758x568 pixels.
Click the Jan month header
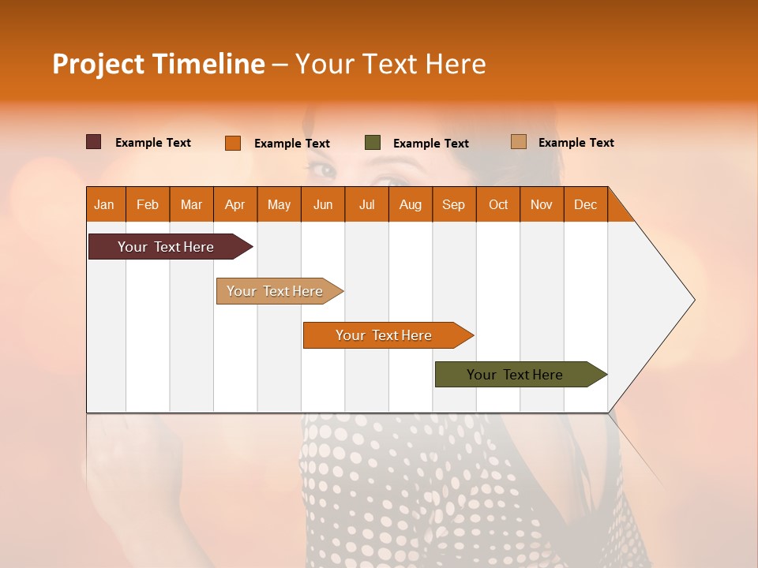(104, 204)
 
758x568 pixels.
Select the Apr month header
(235, 204)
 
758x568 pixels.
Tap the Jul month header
(366, 204)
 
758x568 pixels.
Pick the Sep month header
(453, 204)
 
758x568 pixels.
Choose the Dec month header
(585, 204)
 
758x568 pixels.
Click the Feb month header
(148, 204)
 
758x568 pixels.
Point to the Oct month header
(497, 204)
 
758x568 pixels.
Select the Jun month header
(322, 204)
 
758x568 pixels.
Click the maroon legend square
(94, 142)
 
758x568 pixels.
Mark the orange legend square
(233, 143)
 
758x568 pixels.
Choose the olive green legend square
(373, 143)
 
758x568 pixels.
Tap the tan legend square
(519, 142)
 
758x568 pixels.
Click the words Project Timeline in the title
(158, 64)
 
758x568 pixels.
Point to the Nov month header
(541, 204)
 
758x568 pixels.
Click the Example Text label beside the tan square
(576, 142)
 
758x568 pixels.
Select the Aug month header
(410, 204)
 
